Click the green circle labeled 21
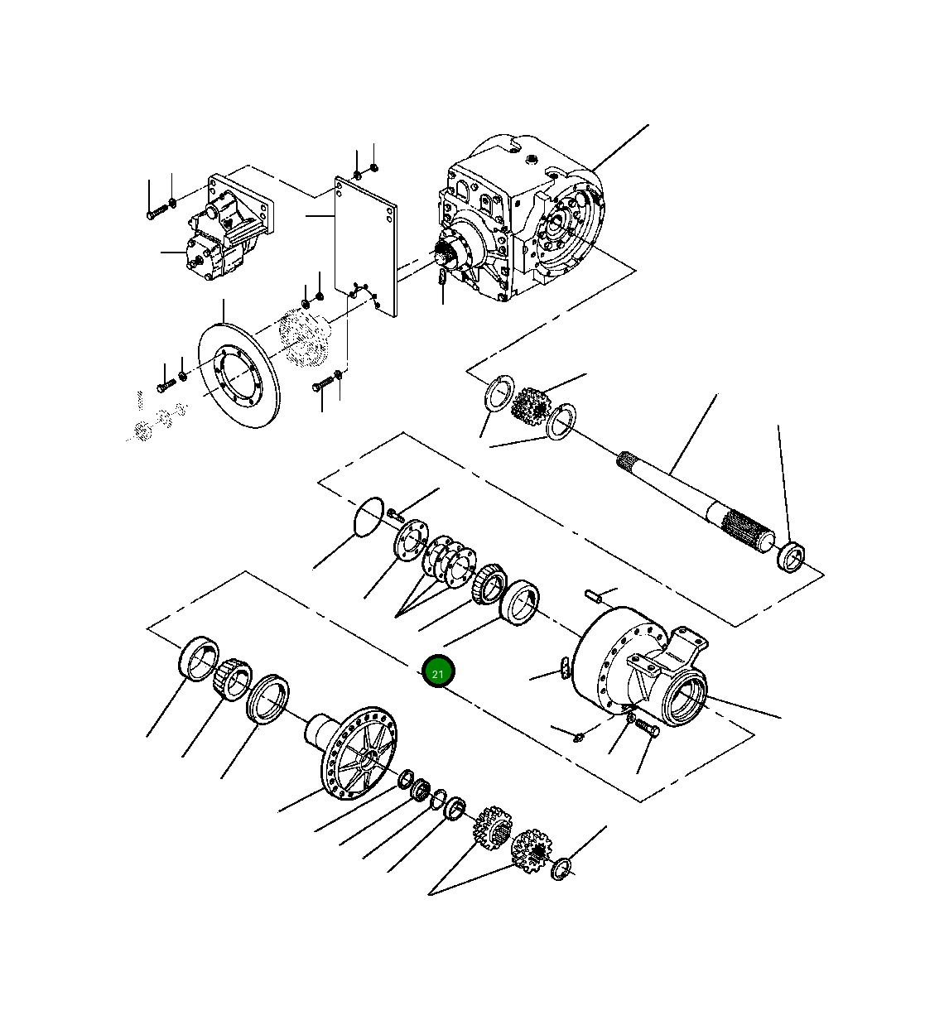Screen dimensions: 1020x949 coord(437,672)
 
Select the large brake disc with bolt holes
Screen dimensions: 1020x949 coord(240,374)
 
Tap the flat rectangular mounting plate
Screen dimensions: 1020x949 coord(365,245)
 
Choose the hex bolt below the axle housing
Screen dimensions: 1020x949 coord(645,728)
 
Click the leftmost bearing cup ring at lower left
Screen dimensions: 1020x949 coord(197,658)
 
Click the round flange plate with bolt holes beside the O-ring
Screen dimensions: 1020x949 coord(408,541)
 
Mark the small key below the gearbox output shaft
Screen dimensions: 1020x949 coord(443,278)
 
